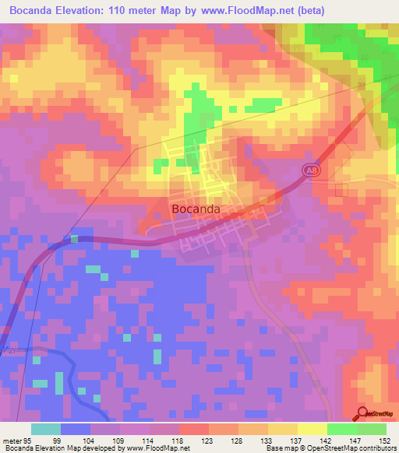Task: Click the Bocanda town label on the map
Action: (195, 209)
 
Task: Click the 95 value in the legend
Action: (28, 440)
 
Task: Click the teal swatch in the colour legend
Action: (46, 429)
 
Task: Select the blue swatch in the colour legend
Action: (76, 429)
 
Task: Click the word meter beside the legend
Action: (12, 440)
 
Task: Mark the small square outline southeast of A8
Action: (339, 190)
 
